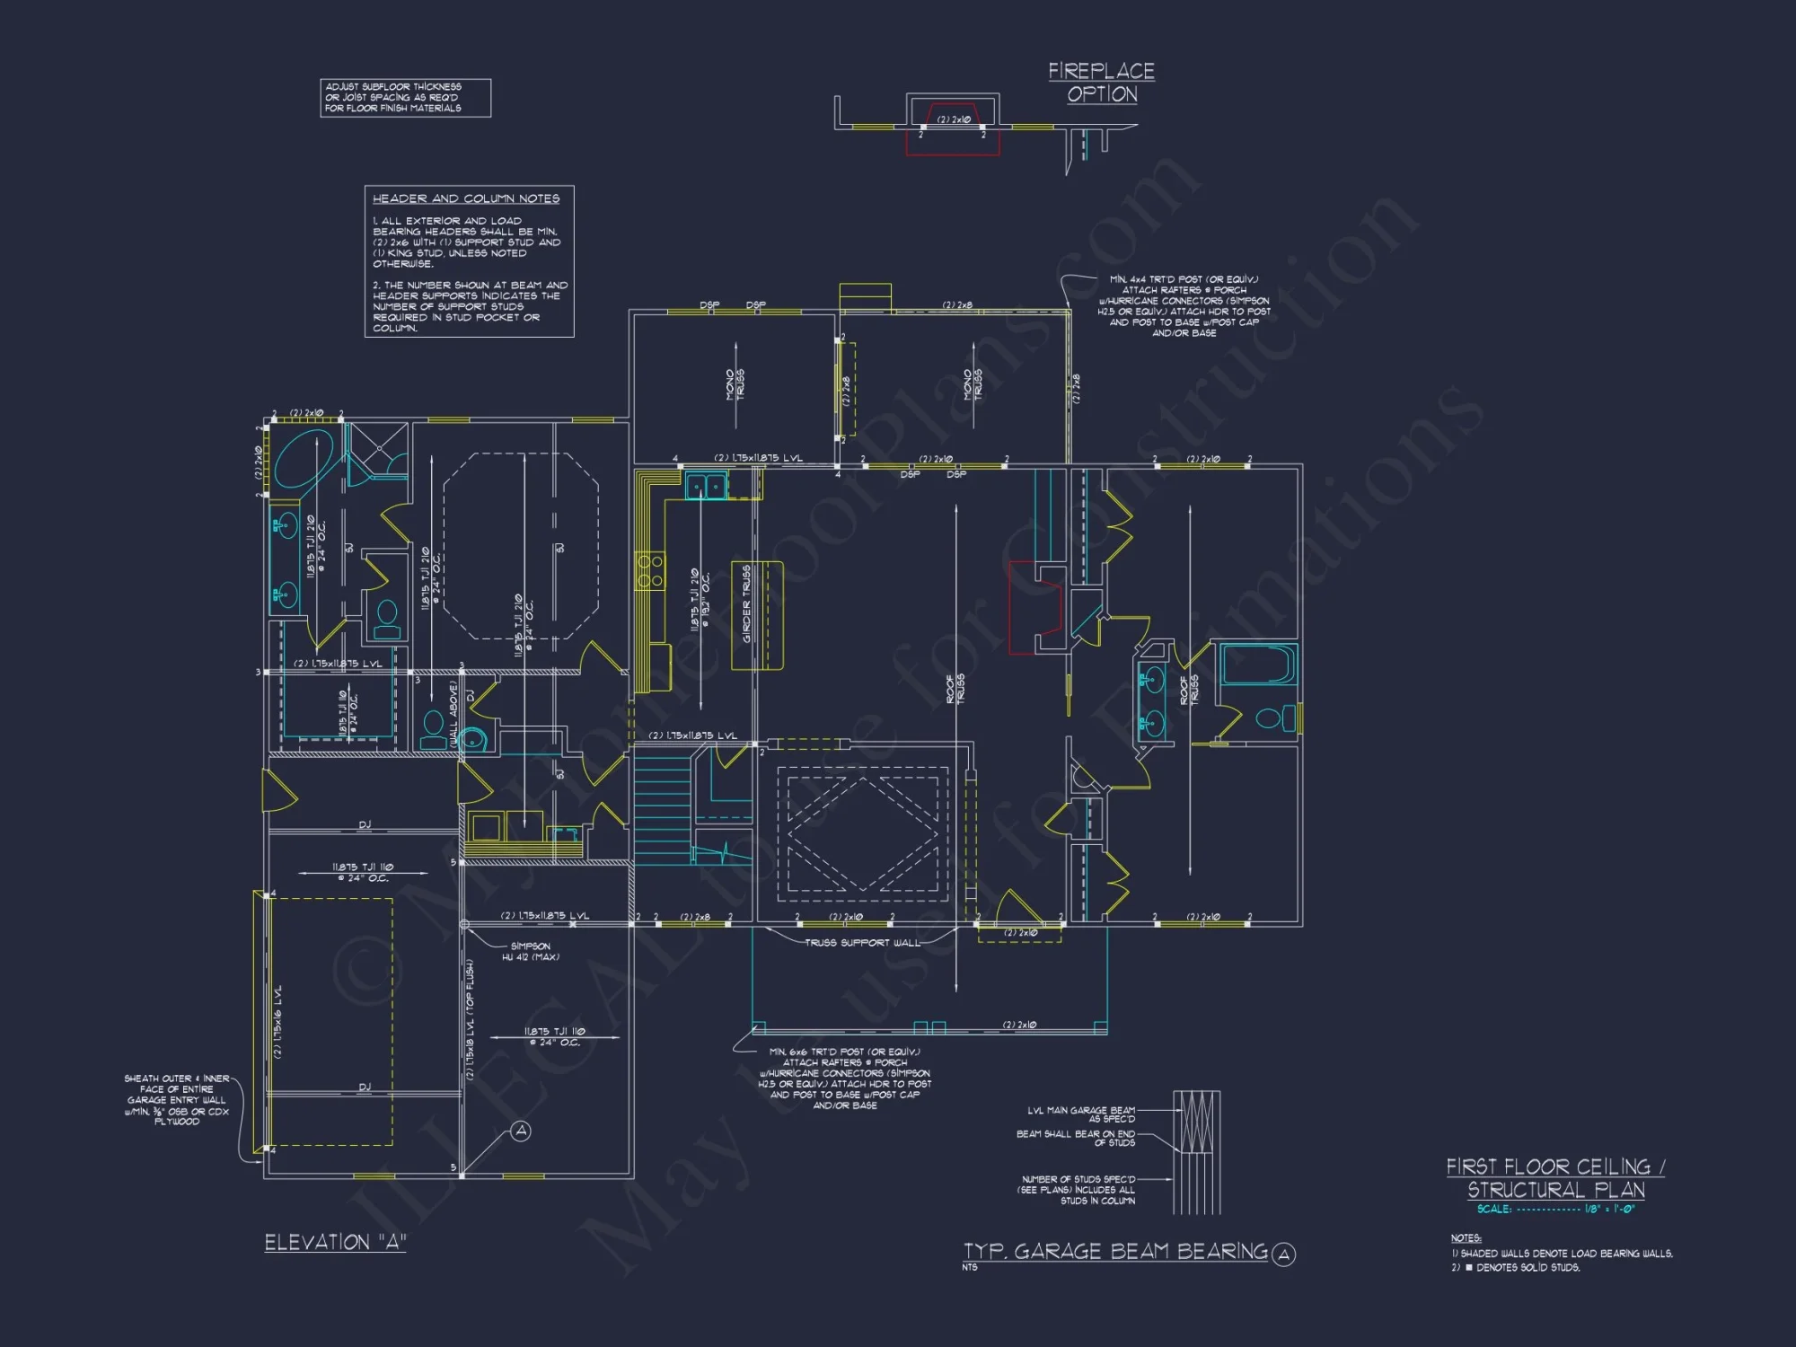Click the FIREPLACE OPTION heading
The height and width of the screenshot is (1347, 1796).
(x=1101, y=83)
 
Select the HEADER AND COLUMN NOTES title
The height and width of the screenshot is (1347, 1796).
(x=465, y=198)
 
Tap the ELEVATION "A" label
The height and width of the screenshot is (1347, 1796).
(x=335, y=1243)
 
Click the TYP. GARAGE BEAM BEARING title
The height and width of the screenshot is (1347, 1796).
(x=1115, y=1252)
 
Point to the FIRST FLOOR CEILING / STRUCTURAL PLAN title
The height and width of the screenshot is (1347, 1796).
(x=1555, y=1178)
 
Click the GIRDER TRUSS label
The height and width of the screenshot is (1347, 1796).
(x=747, y=603)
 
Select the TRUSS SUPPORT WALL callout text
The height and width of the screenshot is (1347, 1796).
(x=862, y=943)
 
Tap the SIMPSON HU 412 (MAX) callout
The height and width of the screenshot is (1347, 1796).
(x=530, y=952)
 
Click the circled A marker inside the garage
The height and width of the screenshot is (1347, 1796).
(x=521, y=1131)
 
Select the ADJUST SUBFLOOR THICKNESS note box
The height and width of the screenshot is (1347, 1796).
(x=405, y=98)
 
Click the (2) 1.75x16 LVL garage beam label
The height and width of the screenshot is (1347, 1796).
(x=278, y=1021)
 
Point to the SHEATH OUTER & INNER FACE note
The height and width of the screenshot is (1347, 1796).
(x=177, y=1100)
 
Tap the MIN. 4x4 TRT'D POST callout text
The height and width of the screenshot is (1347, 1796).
(x=1184, y=306)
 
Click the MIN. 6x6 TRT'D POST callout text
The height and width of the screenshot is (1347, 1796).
(x=844, y=1078)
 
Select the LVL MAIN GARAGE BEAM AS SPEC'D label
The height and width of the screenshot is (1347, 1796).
(x=1081, y=1114)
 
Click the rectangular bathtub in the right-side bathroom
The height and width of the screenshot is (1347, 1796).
(x=1258, y=665)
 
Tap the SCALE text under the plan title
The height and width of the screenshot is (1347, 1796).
(x=1555, y=1210)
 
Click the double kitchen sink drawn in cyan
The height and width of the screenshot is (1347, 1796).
(x=706, y=487)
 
